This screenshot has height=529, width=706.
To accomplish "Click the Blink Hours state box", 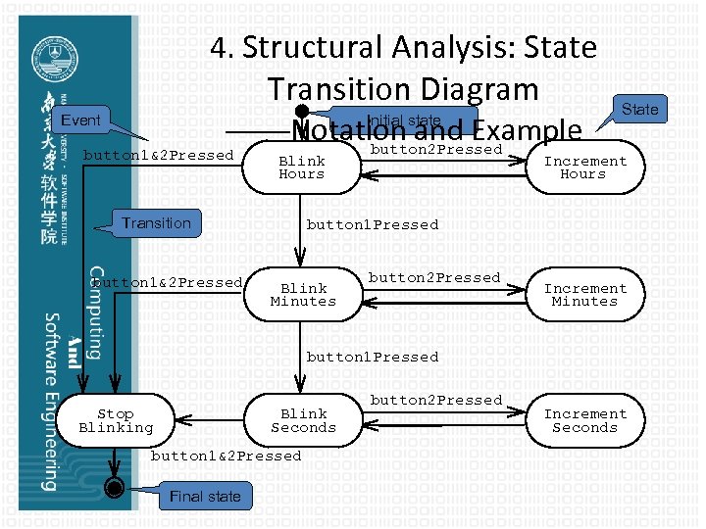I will [x=301, y=168].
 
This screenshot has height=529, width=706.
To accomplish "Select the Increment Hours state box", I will [x=585, y=168].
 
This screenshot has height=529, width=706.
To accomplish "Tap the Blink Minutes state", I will [x=303, y=295].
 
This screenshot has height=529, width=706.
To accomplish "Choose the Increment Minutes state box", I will [x=585, y=295].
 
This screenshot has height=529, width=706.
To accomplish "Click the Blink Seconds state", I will [x=303, y=420].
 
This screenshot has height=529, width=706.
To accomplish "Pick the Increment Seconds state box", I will [x=585, y=420].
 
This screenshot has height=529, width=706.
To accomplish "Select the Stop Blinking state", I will [x=116, y=420].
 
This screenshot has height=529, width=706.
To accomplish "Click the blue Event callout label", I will [x=81, y=120].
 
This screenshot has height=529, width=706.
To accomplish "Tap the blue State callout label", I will [x=640, y=109].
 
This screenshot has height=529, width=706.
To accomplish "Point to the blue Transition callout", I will [x=156, y=223].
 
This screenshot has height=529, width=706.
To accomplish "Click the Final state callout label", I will [x=205, y=497].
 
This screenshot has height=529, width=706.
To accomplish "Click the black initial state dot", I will [x=303, y=113].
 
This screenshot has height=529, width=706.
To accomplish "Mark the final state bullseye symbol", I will [x=116, y=487].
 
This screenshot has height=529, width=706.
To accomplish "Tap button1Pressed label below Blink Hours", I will [x=373, y=224].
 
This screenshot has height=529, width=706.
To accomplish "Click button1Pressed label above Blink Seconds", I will [x=373, y=357].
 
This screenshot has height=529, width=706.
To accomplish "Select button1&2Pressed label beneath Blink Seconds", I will [x=226, y=456].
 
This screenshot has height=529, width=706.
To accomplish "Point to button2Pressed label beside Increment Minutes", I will [x=434, y=277].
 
